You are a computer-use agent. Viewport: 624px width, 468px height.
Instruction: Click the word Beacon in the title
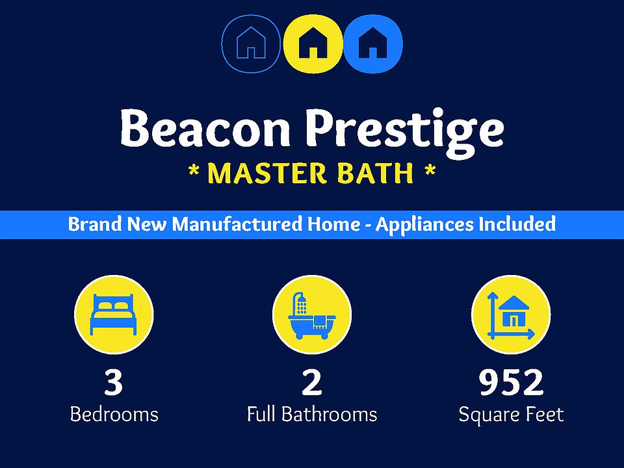pyautogui.click(x=205, y=128)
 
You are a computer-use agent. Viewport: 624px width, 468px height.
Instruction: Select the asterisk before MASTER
pyautogui.click(x=194, y=171)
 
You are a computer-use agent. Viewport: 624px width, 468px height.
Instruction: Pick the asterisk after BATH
pyautogui.click(x=430, y=171)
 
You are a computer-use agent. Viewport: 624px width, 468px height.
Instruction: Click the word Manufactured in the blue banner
pyautogui.click(x=237, y=224)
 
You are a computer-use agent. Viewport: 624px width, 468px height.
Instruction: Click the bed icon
pyautogui.click(x=114, y=315)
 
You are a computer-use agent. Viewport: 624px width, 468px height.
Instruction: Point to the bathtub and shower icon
pyautogui.click(x=311, y=316)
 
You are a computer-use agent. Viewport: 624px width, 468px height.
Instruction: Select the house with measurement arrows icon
pyautogui.click(x=511, y=316)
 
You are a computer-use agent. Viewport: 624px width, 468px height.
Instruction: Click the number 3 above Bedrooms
pyautogui.click(x=113, y=382)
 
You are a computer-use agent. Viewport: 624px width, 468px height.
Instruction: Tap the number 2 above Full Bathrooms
pyautogui.click(x=311, y=382)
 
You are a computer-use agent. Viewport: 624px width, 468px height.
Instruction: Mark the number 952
pyautogui.click(x=511, y=382)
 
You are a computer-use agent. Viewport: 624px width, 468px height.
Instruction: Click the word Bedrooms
pyautogui.click(x=114, y=414)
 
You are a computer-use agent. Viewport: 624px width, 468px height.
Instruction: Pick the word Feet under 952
pyautogui.click(x=545, y=414)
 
